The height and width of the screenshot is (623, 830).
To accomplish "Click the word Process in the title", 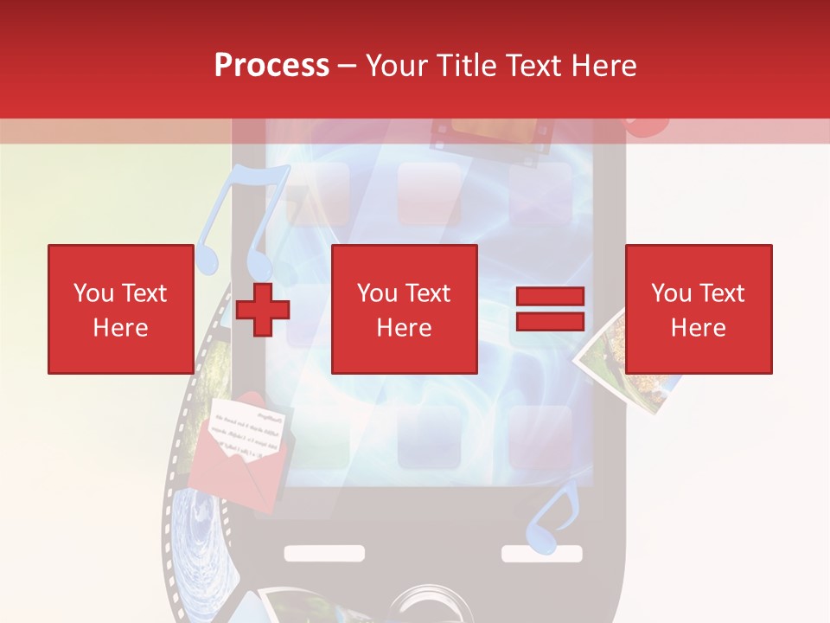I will click(x=271, y=66).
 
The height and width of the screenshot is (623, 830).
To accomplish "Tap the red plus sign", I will click(x=263, y=310).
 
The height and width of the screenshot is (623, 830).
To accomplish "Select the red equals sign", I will click(x=550, y=309).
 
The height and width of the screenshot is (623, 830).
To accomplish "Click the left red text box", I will click(x=121, y=309).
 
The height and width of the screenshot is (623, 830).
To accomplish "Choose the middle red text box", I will click(x=404, y=309).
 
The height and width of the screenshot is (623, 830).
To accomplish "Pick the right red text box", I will click(x=699, y=309).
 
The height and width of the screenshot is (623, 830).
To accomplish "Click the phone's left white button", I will click(x=323, y=553).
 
